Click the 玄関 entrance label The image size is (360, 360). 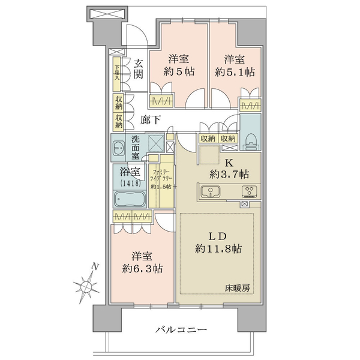point(139,68)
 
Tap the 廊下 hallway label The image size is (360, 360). point(151,120)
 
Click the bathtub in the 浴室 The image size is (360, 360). point(130,199)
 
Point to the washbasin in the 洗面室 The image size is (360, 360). point(119,148)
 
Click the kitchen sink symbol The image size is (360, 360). point(211,192)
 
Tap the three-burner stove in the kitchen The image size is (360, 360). point(250,191)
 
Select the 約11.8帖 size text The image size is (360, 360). point(218,248)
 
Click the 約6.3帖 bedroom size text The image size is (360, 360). point(142,268)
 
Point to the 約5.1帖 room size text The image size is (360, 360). point(235,73)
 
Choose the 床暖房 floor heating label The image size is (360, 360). point(237,288)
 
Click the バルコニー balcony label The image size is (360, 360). point(181,330)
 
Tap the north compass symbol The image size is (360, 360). point(86,286)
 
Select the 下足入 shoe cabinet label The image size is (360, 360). point(118,73)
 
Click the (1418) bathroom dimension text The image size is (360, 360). point(130,183)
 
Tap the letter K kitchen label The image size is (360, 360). point(229,163)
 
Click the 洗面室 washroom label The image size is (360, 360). point(136,148)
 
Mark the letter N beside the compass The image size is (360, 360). point(95,266)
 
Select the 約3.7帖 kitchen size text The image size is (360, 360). point(229,175)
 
